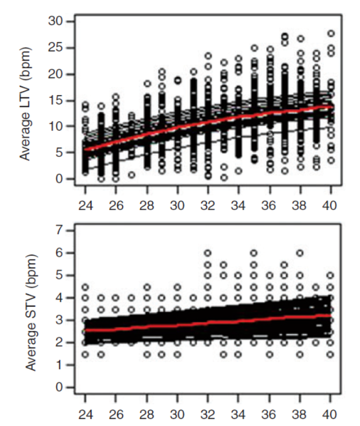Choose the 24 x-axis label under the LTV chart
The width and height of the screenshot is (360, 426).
pos(85,206)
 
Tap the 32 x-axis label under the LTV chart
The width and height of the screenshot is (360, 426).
pos(208,206)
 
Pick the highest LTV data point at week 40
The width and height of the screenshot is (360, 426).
pos(331,34)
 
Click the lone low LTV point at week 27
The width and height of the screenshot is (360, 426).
pos(132,174)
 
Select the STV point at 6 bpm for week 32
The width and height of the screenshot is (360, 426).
pos(208,253)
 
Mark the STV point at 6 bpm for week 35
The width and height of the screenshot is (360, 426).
pos(254,253)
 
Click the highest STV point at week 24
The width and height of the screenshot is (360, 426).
pos(85,287)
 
